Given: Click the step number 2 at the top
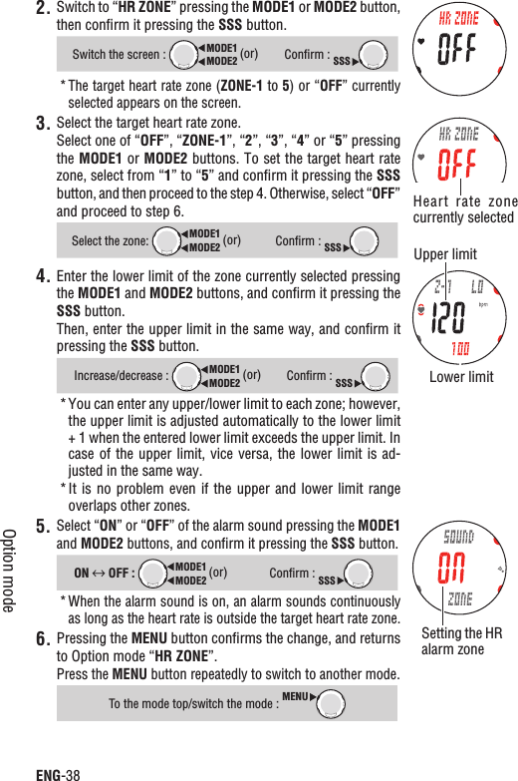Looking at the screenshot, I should point(43,10).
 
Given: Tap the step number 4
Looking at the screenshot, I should point(43,276).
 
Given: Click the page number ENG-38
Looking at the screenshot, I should point(58,772).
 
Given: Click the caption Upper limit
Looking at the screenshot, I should point(445,254).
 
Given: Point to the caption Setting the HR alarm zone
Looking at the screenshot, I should point(461,641).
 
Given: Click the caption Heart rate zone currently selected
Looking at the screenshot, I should point(464,209).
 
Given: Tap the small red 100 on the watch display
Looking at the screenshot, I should point(460,348).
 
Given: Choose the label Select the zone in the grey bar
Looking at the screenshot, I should point(110,241).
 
